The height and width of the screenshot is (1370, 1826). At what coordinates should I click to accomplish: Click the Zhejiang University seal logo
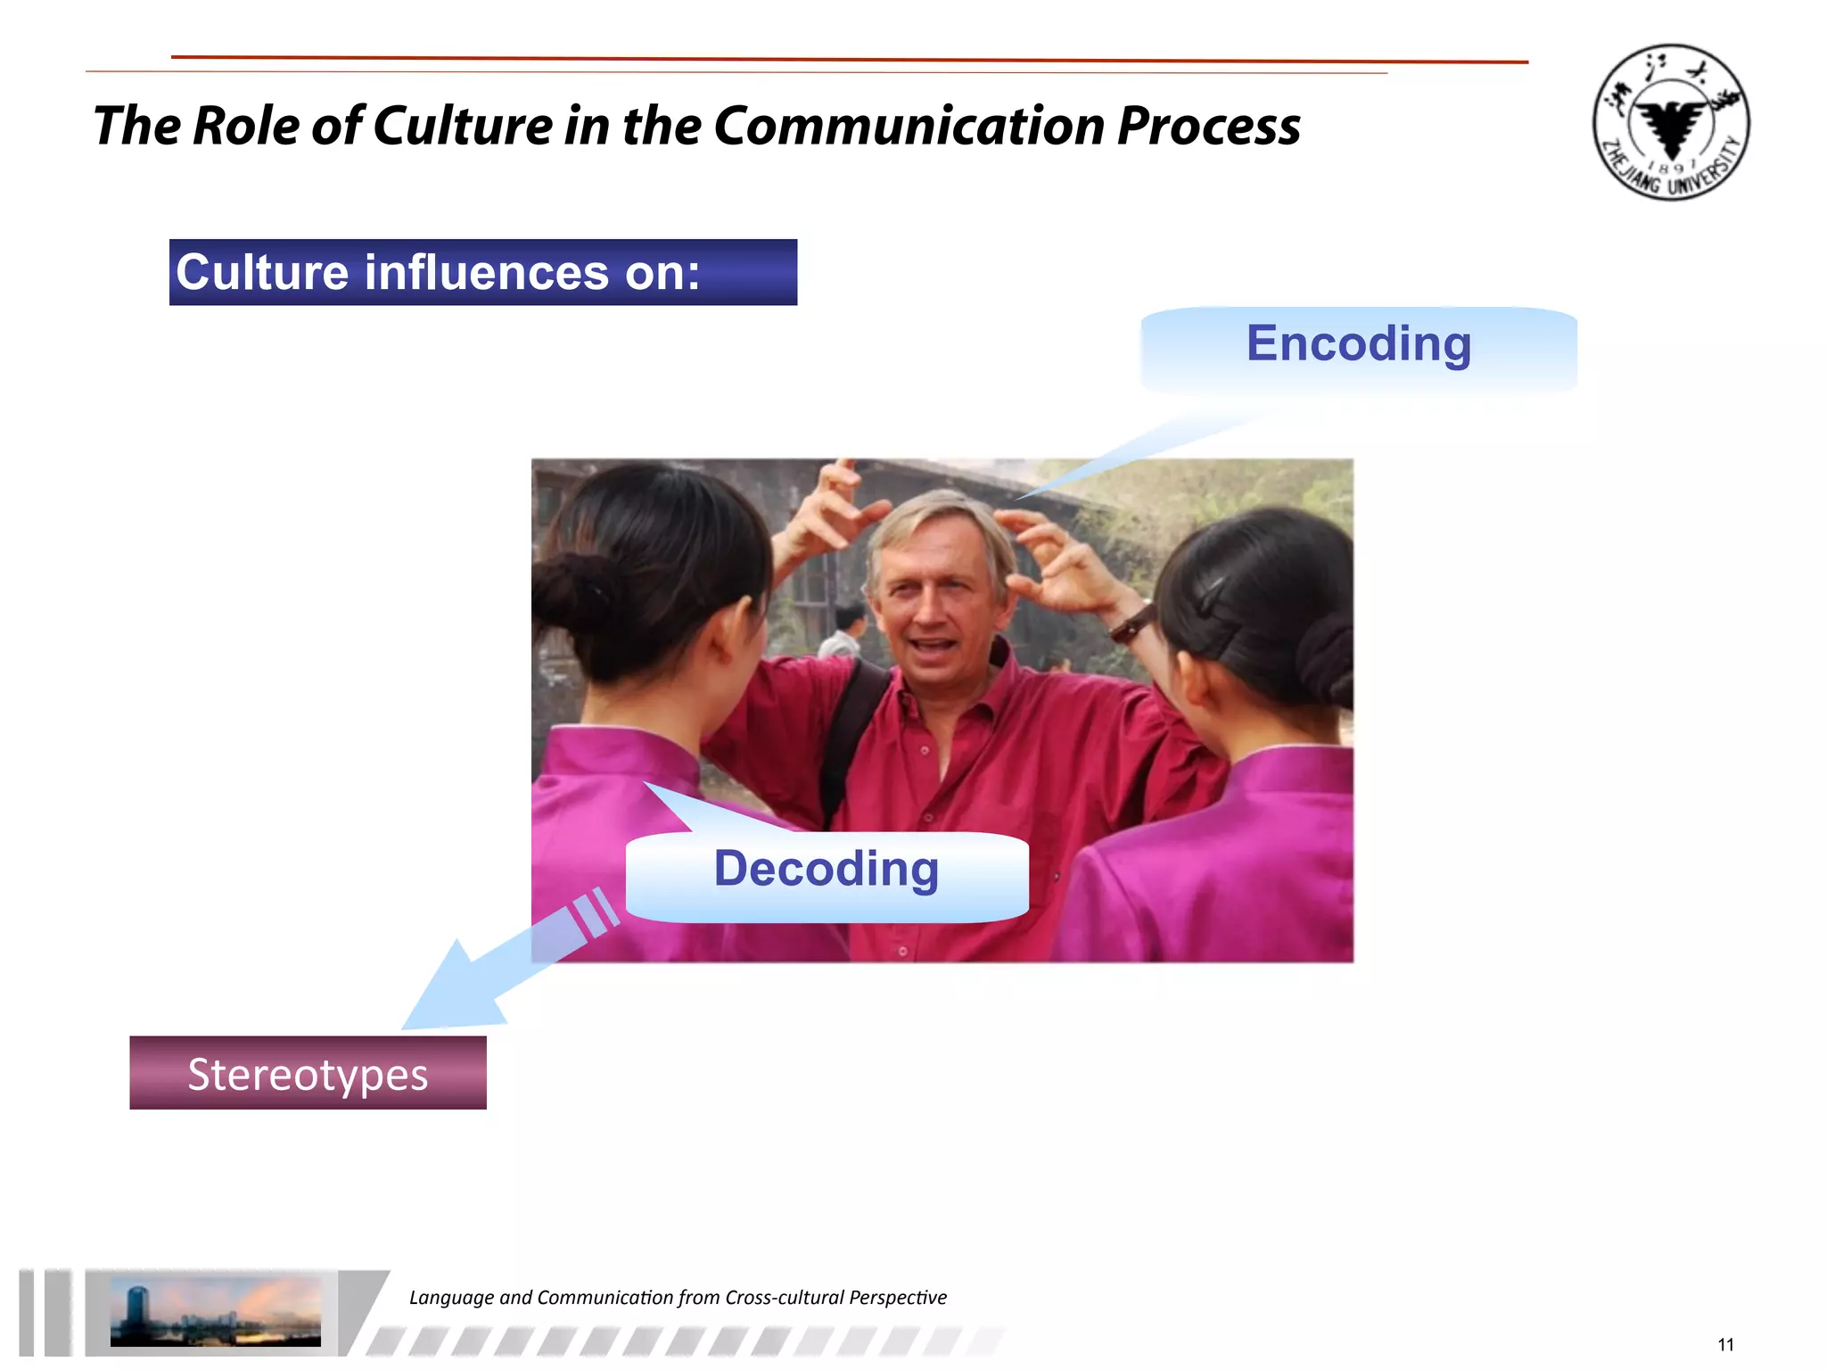(x=1671, y=122)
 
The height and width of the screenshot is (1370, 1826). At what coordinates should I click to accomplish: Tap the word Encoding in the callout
(x=1359, y=344)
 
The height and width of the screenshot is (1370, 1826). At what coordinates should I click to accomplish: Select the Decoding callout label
(x=827, y=869)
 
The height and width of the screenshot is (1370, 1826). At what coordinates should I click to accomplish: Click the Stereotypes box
(x=308, y=1073)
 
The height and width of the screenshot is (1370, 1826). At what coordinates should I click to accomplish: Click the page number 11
(x=1725, y=1345)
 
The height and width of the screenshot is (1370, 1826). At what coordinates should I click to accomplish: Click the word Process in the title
(x=1208, y=126)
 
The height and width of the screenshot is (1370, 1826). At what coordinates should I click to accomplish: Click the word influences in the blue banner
(x=487, y=272)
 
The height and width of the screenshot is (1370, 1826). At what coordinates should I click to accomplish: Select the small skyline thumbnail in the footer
(x=215, y=1312)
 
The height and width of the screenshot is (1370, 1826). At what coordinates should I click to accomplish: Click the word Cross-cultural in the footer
(x=784, y=1298)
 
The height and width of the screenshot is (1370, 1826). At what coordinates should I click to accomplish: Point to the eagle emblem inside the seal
(x=1671, y=125)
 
